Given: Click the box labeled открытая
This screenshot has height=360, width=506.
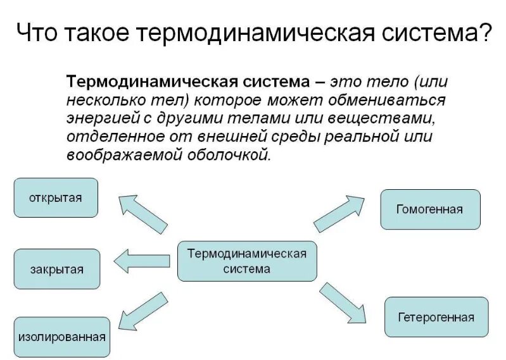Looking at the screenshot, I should coord(56,197).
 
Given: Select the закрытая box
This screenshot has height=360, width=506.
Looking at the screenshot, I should coord(56,269).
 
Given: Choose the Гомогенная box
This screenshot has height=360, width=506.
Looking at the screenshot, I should coord(430,209).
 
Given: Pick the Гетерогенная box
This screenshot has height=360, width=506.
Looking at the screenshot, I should coord(436,317).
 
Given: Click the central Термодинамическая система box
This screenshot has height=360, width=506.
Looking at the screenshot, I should coord(246,261).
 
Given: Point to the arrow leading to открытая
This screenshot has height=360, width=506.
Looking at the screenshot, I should coord(142,213).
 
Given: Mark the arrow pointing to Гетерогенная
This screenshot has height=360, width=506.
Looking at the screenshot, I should coord(343,304).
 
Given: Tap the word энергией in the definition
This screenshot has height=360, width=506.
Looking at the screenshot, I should coord(97,120).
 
